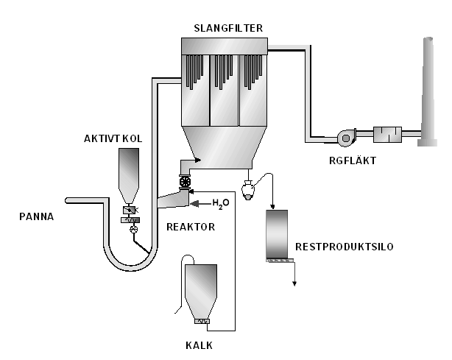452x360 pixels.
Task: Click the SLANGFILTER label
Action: click(227, 29)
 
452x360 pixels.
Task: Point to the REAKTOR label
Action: click(191, 227)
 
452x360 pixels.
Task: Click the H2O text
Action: click(221, 202)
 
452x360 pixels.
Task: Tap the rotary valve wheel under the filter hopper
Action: click(185, 182)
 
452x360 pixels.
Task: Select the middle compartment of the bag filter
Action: click(225, 92)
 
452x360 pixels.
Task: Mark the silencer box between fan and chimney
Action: click(389, 135)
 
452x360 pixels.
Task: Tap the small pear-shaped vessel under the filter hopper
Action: click(250, 188)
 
